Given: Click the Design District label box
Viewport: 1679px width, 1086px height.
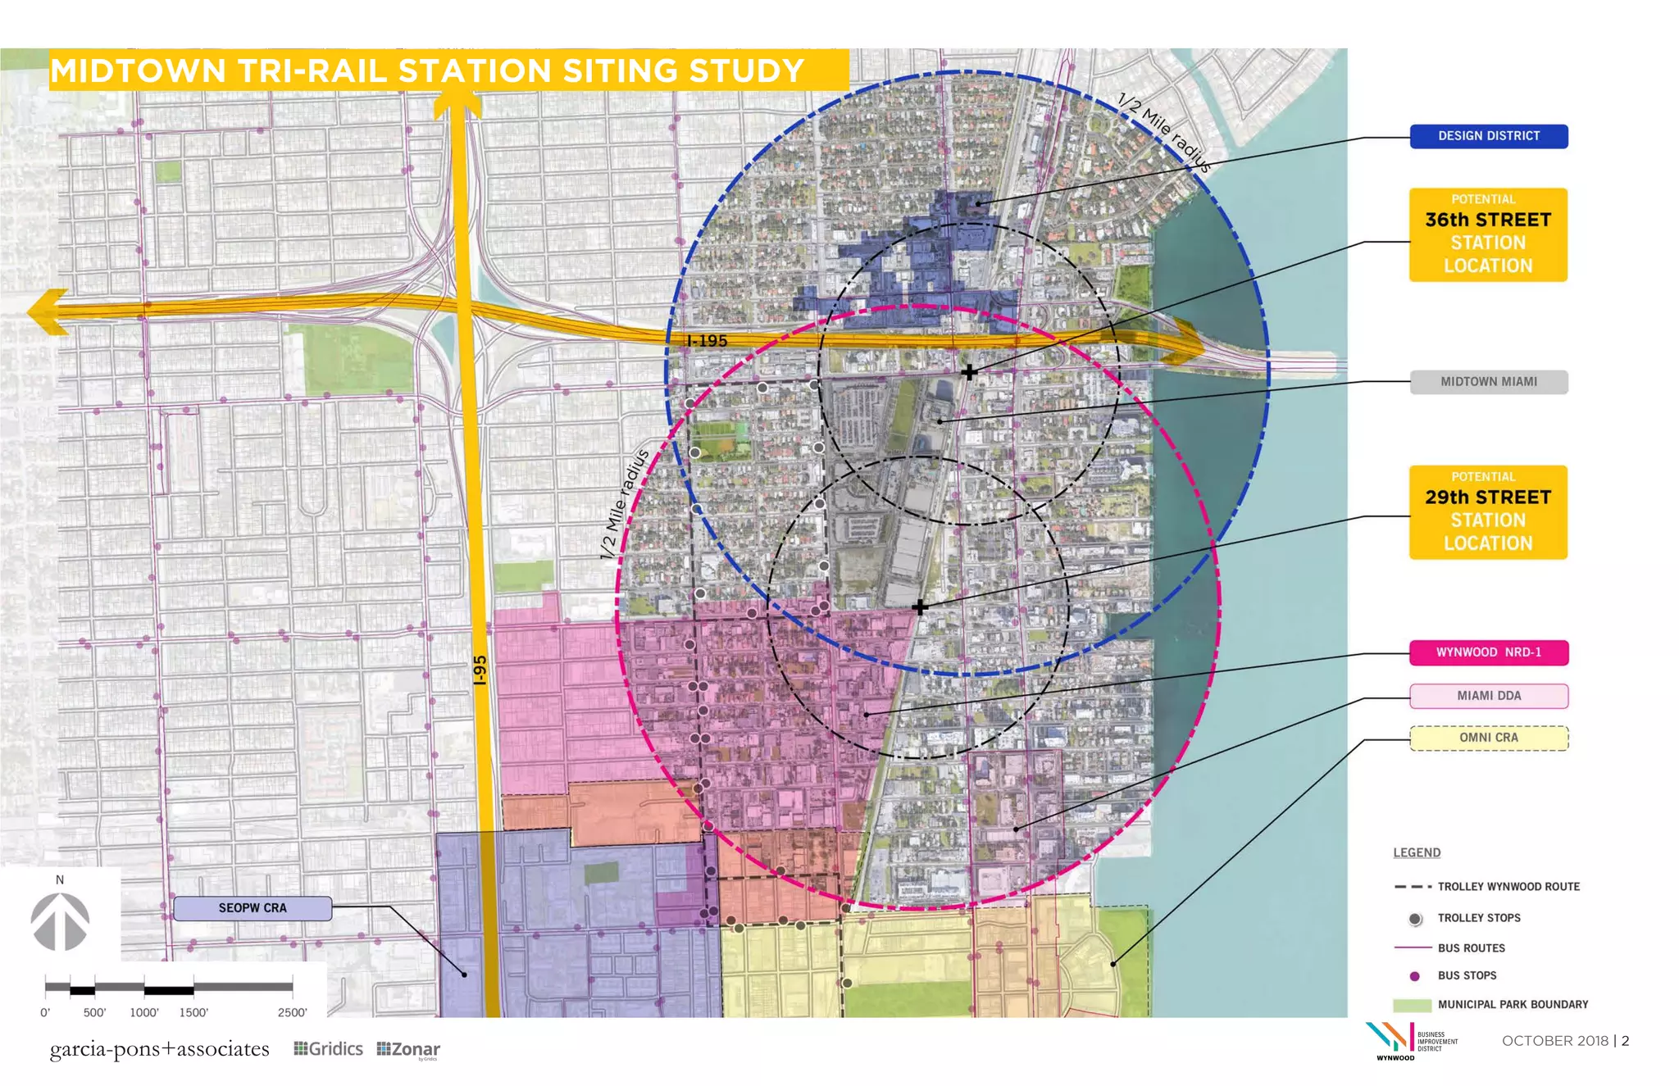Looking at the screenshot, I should [1488, 136].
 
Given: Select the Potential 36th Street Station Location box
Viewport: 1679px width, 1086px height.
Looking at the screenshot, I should [1488, 235].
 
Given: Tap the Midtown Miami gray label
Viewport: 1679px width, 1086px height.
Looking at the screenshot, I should [1488, 382].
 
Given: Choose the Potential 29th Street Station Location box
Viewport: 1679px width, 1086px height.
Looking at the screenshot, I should [1488, 512].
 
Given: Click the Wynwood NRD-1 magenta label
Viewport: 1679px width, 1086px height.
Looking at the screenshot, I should [1488, 652].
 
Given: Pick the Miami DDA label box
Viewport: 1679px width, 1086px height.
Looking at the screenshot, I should [1488, 696].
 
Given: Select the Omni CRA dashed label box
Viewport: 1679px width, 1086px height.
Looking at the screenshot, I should [1488, 738].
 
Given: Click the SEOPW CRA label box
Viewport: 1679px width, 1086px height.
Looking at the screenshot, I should [253, 908].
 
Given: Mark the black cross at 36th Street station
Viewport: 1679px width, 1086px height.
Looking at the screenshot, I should [969, 372].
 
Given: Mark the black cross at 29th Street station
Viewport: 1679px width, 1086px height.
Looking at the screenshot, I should [920, 607].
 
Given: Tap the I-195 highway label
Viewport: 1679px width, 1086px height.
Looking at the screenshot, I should [707, 341].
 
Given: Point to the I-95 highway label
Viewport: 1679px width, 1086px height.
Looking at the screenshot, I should [480, 670].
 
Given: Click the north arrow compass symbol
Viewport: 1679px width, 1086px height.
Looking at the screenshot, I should [60, 920].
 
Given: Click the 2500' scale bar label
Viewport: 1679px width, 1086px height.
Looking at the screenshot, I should [292, 1012].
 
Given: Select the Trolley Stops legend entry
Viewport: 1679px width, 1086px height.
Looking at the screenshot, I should [1478, 918].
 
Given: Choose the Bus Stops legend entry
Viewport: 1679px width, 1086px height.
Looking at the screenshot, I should [1467, 975].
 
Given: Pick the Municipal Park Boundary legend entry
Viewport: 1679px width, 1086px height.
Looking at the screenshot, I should [1512, 1004].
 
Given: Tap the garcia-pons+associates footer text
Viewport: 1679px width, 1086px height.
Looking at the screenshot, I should [159, 1049].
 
